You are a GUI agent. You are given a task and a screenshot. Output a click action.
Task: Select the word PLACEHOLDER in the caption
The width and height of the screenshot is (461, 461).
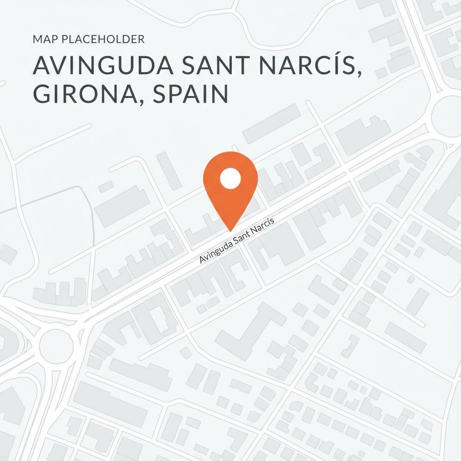click(102, 40)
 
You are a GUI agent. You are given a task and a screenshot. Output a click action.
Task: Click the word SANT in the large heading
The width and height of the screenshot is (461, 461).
click(212, 67)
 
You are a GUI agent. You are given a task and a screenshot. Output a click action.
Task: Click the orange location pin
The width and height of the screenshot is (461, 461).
click(230, 185)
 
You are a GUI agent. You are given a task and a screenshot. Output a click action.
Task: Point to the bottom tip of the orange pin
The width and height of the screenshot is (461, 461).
click(230, 230)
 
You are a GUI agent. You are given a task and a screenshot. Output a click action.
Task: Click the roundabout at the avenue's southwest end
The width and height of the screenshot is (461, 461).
click(56, 345)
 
